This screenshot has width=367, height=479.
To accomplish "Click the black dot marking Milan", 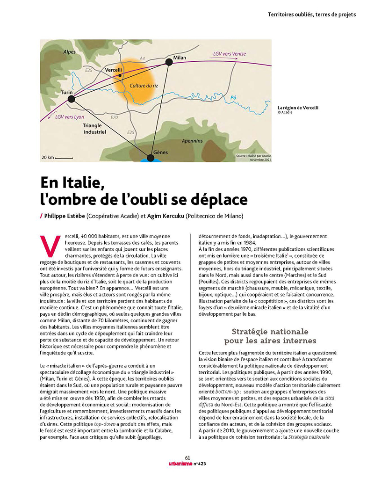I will [169, 62].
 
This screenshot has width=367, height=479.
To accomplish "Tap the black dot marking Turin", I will [71, 99].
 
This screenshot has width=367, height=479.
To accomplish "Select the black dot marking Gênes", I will [151, 158].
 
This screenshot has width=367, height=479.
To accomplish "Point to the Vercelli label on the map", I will [114, 70].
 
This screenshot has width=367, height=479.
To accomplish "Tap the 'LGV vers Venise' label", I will [229, 54].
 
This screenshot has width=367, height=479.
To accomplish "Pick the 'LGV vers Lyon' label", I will [70, 117].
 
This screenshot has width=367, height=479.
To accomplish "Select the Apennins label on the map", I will [193, 141].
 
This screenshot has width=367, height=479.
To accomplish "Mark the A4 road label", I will [143, 58].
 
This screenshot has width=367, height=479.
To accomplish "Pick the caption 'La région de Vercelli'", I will [298, 108].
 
